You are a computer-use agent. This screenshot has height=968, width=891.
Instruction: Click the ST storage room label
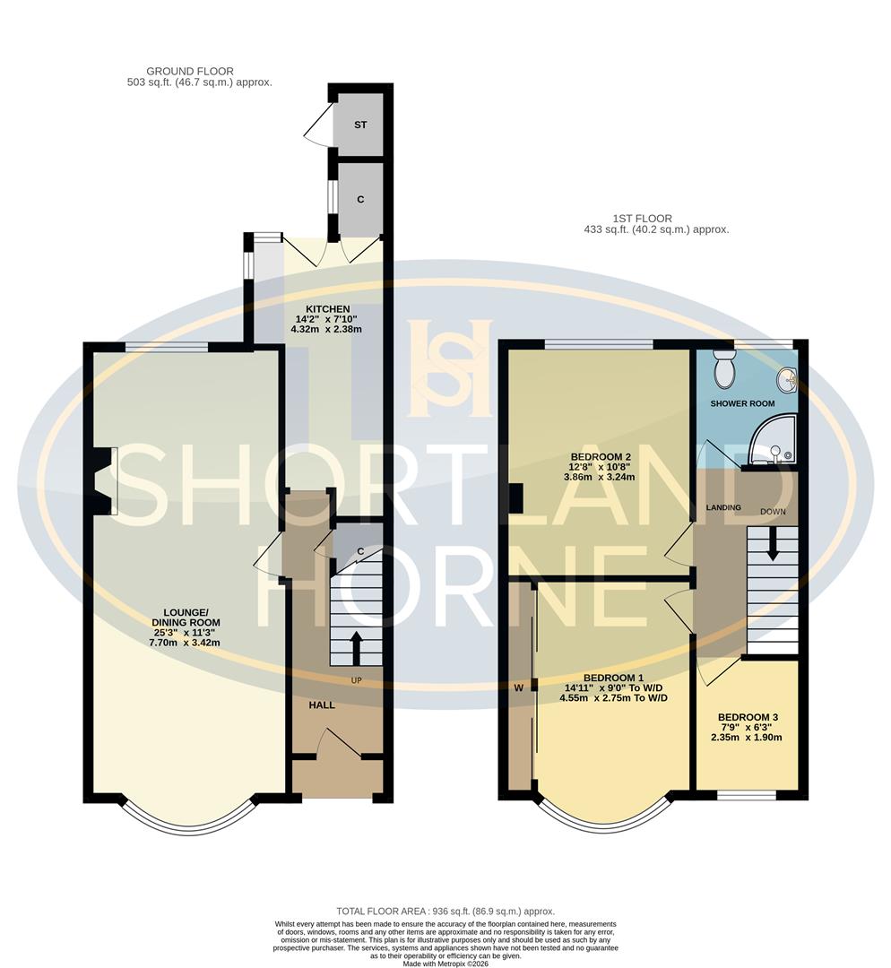tap(360, 125)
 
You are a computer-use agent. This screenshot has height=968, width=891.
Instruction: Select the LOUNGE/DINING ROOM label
tap(186, 622)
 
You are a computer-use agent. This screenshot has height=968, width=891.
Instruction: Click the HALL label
tap(322, 705)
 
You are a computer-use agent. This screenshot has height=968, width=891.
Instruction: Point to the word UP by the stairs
tap(356, 681)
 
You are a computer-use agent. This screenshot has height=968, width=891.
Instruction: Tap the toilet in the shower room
tap(723, 367)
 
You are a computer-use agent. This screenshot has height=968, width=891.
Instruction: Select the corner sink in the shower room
tap(788, 380)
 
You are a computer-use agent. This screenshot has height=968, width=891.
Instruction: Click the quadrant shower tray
tap(773, 443)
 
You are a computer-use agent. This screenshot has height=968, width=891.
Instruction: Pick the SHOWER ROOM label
tap(742, 403)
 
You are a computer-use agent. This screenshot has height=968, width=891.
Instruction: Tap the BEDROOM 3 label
tap(748, 717)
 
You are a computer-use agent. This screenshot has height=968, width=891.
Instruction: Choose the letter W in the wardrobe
tap(518, 688)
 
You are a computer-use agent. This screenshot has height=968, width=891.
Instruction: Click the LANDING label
tap(722, 507)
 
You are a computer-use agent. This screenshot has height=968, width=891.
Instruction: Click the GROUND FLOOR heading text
tap(190, 71)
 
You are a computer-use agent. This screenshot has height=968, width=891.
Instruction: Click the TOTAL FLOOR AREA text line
tap(445, 911)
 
